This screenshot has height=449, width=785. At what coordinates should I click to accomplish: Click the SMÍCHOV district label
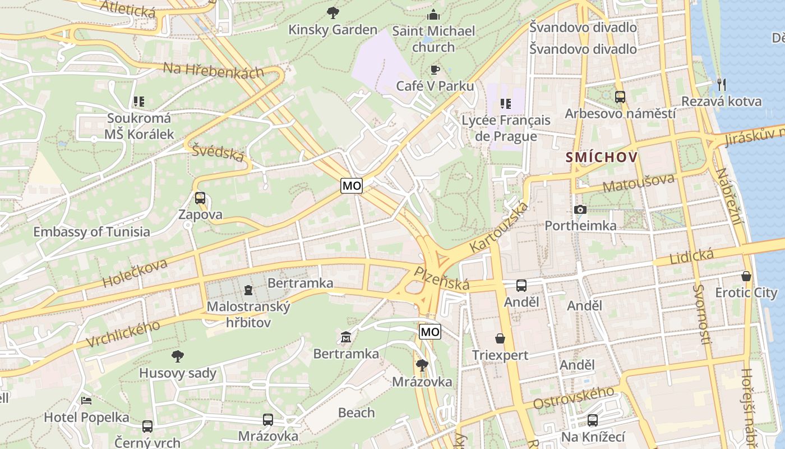602,157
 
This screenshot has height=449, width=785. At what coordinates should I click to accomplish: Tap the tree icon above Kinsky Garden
333,12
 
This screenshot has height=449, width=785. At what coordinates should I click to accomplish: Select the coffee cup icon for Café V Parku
435,70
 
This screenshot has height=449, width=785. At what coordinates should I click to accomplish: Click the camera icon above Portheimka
580,209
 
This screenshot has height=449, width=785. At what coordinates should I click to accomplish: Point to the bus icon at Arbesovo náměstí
620,97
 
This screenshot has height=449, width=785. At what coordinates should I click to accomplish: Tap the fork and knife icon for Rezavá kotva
722,85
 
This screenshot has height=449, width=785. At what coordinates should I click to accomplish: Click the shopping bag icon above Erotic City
746,276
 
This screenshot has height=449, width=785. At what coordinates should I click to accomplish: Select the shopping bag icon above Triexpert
500,338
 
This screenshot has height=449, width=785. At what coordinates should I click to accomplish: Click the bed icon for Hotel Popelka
86,400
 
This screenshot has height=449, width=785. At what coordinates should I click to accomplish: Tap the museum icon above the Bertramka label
346,337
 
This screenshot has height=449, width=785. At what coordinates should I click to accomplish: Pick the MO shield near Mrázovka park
430,332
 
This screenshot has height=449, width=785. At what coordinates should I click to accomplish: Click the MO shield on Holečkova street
352,186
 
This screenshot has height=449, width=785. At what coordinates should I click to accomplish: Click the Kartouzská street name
498,227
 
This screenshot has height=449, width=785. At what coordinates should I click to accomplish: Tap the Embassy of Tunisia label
91,232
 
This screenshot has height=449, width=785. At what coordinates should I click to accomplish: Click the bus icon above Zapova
200,198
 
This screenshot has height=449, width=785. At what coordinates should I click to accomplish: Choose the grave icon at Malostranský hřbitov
248,290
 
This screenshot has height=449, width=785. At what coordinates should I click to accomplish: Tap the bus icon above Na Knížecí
593,420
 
